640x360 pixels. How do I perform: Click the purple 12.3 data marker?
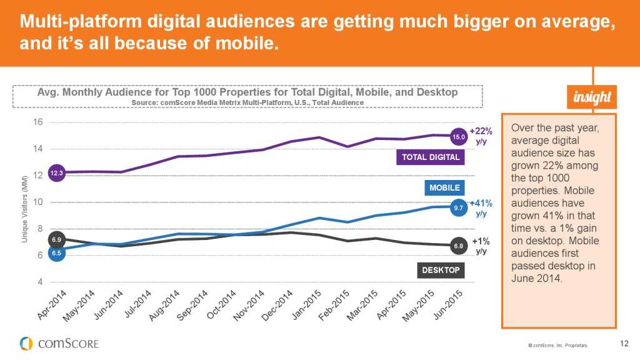[56, 173]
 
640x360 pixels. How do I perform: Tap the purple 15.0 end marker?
[459, 136]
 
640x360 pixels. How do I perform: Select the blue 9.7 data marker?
[459, 207]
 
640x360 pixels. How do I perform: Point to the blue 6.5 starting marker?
[56, 253]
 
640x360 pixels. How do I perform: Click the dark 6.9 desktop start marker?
[56, 239]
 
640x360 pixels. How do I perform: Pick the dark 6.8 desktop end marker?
[459, 246]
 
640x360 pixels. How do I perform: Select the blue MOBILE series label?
[444, 187]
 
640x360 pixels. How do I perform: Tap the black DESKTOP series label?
[440, 270]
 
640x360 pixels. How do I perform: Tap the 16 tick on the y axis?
[38, 122]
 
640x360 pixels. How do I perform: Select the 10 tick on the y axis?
[38, 202]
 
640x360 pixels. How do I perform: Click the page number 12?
[624, 342]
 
